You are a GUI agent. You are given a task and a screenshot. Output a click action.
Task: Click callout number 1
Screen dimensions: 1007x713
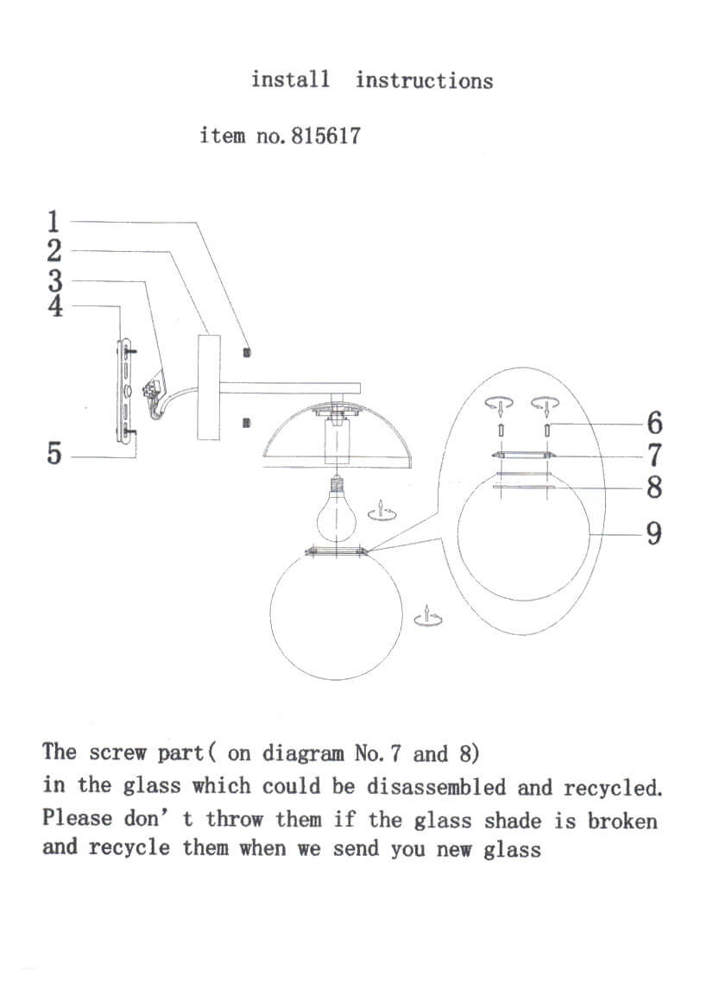pyautogui.click(x=54, y=222)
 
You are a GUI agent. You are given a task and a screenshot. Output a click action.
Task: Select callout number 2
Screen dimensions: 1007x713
pyautogui.click(x=54, y=251)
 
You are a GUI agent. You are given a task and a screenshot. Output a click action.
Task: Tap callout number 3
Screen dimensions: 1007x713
pyautogui.click(x=54, y=280)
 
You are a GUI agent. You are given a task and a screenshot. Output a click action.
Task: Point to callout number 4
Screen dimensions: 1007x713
pyautogui.click(x=54, y=306)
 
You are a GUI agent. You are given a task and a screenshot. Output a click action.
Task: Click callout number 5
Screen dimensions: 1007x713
pyautogui.click(x=54, y=454)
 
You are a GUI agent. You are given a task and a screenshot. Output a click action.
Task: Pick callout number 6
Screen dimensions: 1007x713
pyautogui.click(x=653, y=423)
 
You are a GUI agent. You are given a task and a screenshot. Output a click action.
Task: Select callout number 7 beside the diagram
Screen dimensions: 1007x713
pyautogui.click(x=653, y=454)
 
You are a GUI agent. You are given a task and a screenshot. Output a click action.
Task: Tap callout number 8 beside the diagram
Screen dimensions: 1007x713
pyautogui.click(x=653, y=488)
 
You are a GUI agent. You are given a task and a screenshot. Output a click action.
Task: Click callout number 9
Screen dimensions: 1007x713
pyautogui.click(x=653, y=534)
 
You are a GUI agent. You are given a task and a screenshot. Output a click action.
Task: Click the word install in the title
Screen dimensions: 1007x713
pyautogui.click(x=290, y=79)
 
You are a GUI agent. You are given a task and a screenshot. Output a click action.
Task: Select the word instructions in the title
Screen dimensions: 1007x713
pyautogui.click(x=424, y=80)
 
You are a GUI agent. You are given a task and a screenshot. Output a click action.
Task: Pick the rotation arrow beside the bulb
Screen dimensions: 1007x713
pyautogui.click(x=380, y=511)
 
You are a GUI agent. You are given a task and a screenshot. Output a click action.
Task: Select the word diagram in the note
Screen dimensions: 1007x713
pyautogui.click(x=302, y=753)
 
